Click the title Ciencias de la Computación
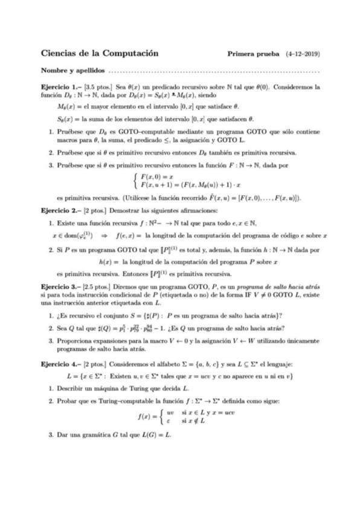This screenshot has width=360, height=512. [99, 53]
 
